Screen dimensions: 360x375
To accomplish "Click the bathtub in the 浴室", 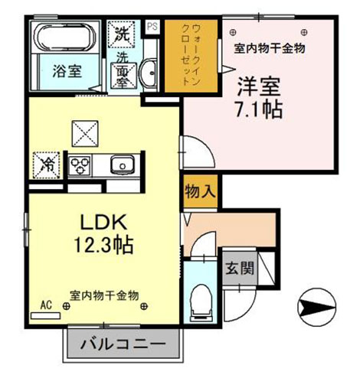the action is tap(65, 37).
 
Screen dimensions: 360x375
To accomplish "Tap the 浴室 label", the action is tap(67, 71).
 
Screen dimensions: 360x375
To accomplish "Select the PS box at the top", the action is tap(152, 26).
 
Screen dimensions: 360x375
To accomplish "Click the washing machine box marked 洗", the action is tap(121, 34).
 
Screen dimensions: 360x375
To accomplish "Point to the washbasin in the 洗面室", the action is tap(149, 73).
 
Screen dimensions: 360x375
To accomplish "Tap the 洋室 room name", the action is tap(259, 86).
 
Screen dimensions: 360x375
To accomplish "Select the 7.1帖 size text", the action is tap(259, 109).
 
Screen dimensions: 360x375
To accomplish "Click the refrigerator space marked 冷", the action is tap(46, 165).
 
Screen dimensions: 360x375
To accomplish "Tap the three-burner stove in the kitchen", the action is tap(80, 165).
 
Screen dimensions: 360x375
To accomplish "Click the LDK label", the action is tap(103, 222).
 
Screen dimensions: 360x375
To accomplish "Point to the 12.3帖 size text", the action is tap(103, 244).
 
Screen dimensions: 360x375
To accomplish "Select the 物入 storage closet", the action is tap(201, 191).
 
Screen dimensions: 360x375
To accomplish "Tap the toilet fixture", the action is tap(201, 303).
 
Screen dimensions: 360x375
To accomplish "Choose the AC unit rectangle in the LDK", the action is tap(46, 316).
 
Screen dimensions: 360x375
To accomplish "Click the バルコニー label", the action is tap(123, 344).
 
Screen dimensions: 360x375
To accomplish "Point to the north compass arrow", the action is tap(317, 307).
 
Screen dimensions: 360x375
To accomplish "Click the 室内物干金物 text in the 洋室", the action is tap(270, 48).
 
